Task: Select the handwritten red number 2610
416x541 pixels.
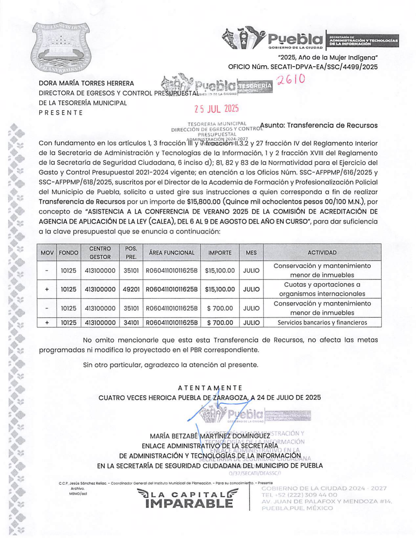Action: (x=291, y=80)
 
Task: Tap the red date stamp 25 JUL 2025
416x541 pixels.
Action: (x=216, y=109)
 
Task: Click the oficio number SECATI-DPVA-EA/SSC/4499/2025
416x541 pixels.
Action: (x=323, y=67)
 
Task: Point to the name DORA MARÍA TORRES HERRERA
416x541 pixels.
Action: (x=86, y=83)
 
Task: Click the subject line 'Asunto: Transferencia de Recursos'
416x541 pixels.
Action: (x=319, y=125)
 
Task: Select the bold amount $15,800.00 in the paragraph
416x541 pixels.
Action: (x=203, y=201)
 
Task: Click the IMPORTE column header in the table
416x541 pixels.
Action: (x=220, y=253)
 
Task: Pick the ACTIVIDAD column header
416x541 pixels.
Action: (x=322, y=252)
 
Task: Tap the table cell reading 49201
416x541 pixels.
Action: (x=131, y=290)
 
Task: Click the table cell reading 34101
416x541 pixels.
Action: (x=131, y=323)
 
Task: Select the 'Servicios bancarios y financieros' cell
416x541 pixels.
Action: (x=322, y=323)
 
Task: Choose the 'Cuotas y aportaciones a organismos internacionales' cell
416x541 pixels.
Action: (x=322, y=289)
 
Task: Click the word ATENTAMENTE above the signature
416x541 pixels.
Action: (x=210, y=388)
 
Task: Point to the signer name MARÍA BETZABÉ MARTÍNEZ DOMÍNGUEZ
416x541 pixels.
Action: (x=210, y=436)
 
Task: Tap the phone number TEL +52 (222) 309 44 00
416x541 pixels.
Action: (x=299, y=495)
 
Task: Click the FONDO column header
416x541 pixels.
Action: (x=68, y=253)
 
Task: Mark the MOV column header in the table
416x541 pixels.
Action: (x=47, y=253)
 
